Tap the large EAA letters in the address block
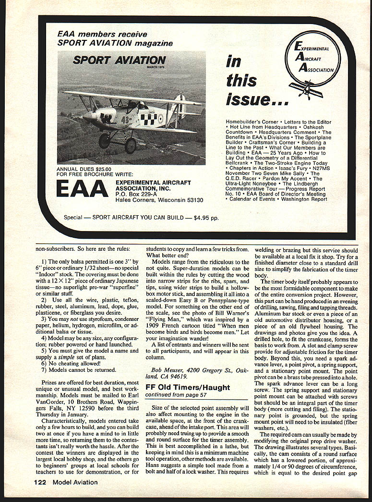[82, 189]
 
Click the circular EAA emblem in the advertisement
[312, 61]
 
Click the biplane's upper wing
[130, 98]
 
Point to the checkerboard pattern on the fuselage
[149, 117]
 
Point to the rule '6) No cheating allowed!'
[72, 363]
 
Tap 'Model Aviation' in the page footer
[75, 482]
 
